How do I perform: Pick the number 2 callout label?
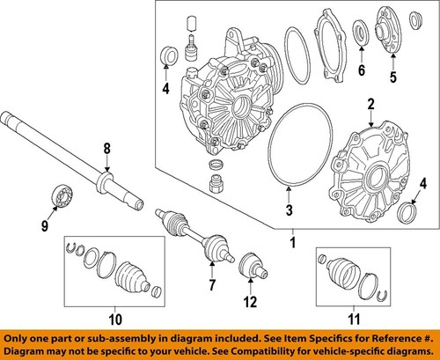(370, 105)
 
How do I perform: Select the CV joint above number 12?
(251, 265)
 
